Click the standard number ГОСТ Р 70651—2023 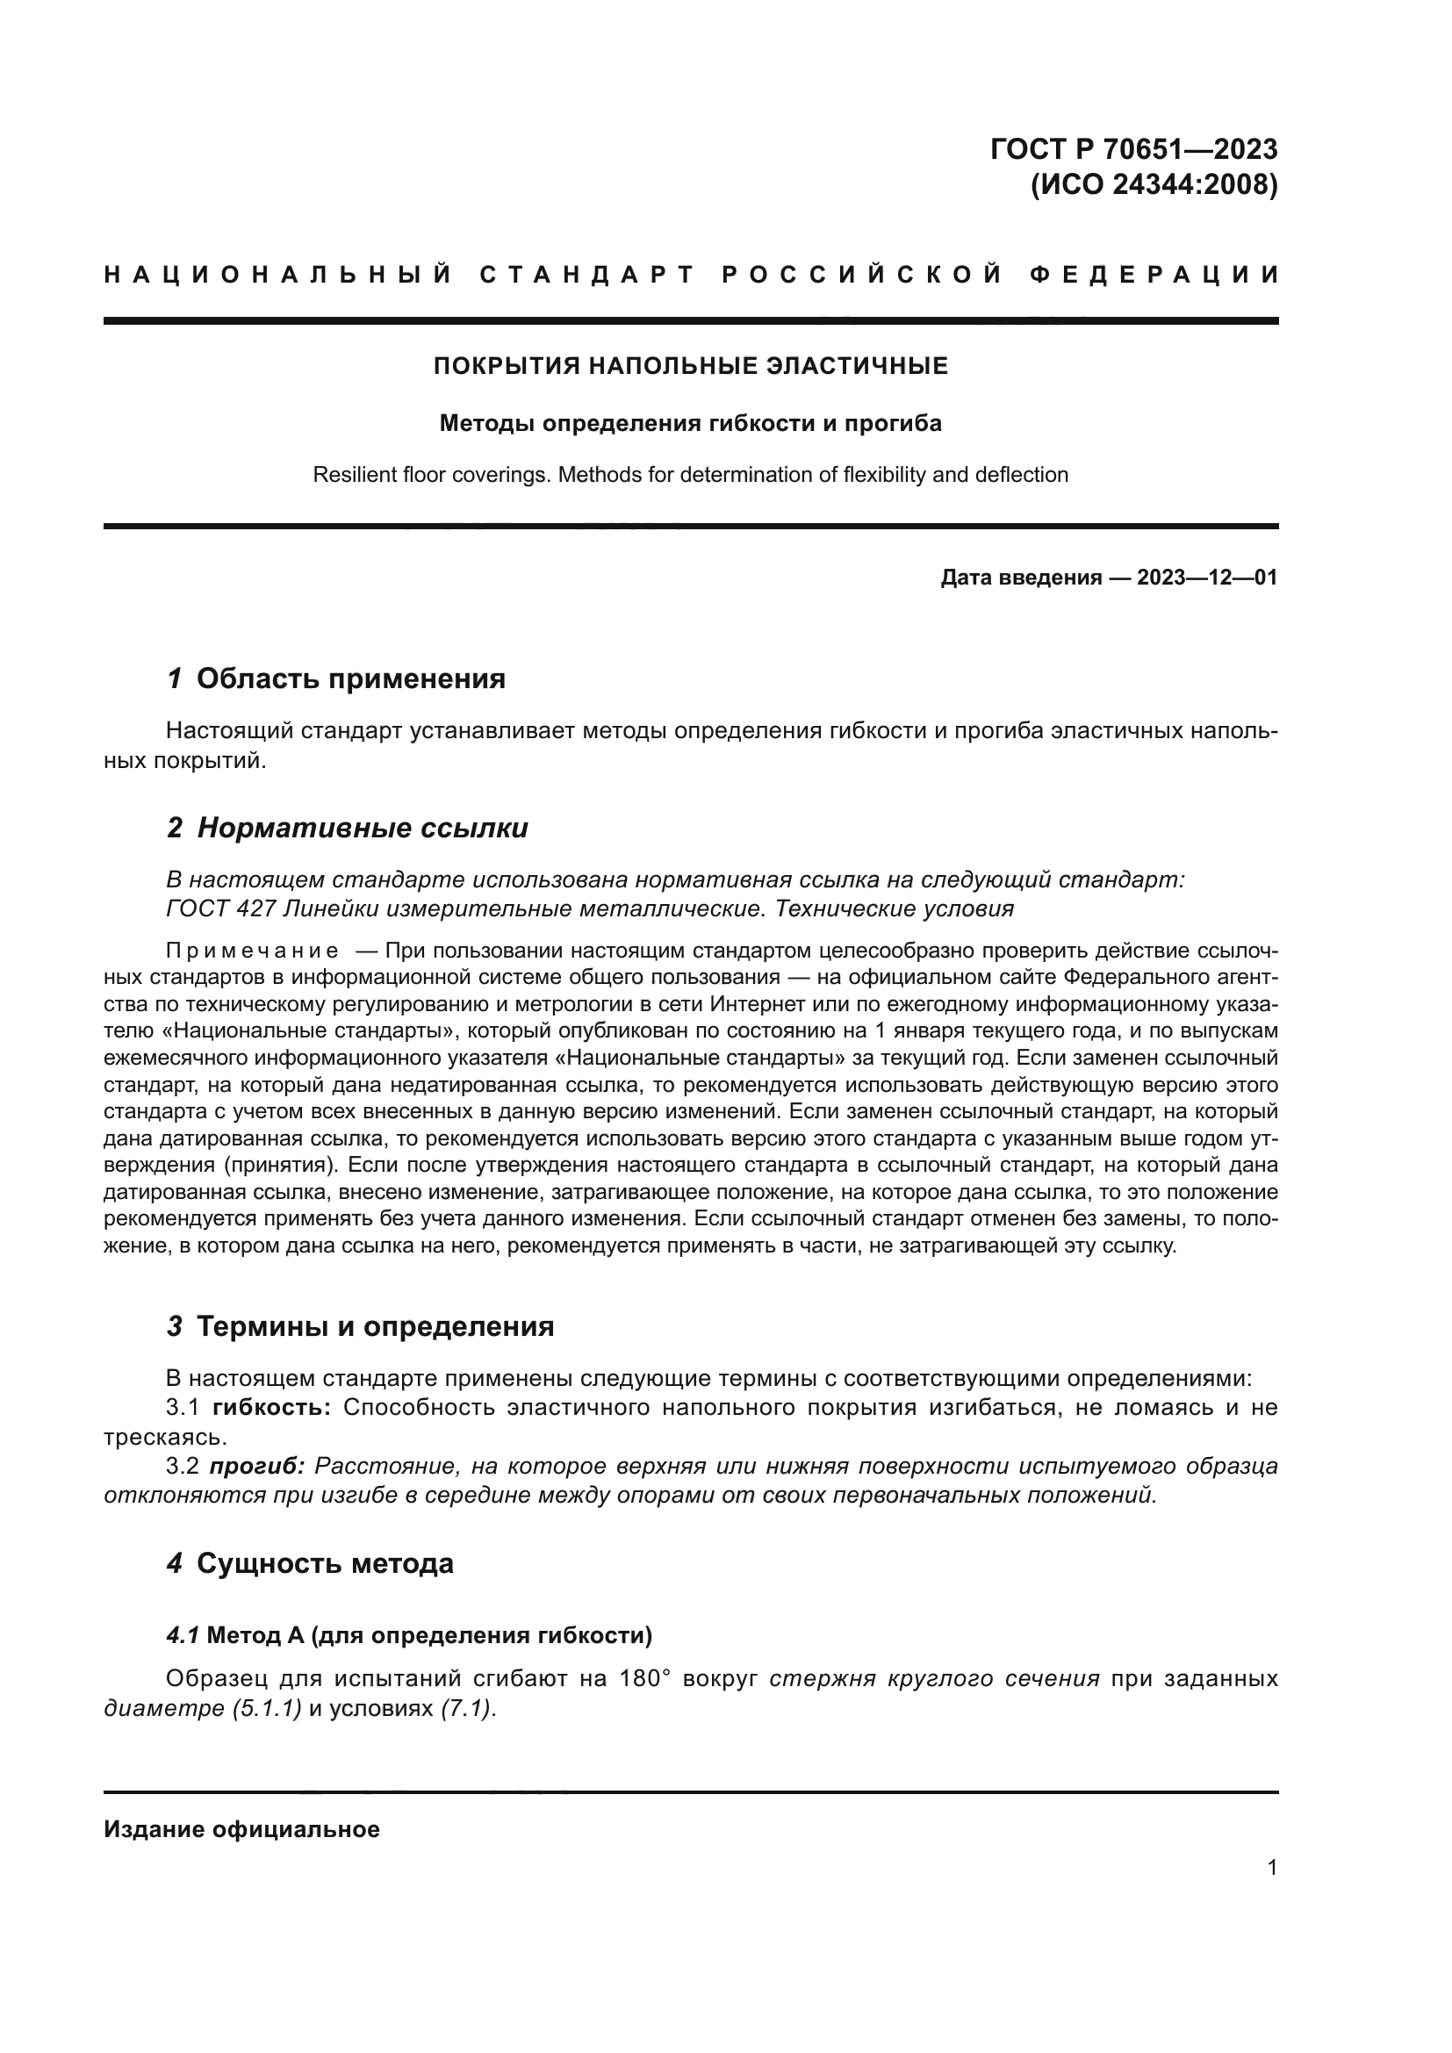1132,148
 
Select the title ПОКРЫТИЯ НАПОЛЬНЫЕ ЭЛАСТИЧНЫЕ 690,366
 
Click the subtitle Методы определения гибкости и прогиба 690,423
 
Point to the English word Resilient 355,475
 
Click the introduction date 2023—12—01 1207,578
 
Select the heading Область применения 350,678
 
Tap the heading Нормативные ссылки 362,828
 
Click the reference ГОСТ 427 221,909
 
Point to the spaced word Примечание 252,950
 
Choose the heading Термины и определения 375,1326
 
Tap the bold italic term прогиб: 257,1467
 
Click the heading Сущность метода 325,1564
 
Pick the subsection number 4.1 183,1636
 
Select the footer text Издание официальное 241,1829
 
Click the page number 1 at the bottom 1271,1868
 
